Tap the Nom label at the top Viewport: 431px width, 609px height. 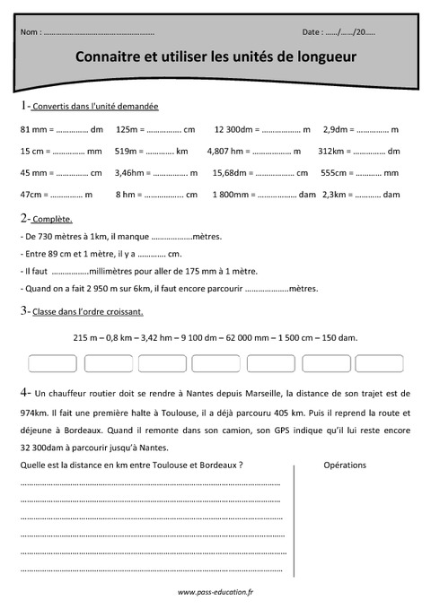tap(30, 31)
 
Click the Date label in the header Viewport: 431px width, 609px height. tap(312, 31)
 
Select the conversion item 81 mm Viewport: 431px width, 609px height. tap(33, 129)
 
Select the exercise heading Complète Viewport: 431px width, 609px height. tap(52, 219)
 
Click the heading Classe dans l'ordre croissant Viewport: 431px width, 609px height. tap(88, 312)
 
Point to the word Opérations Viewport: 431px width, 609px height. tap(345, 465)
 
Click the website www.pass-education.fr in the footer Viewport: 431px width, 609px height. tap(215, 592)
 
